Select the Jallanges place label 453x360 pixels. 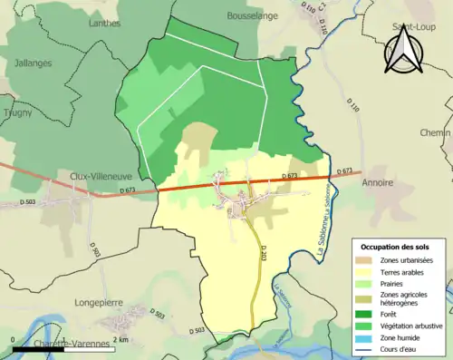tap(33, 63)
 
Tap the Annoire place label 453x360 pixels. tap(378, 183)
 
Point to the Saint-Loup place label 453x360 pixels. tap(410, 27)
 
